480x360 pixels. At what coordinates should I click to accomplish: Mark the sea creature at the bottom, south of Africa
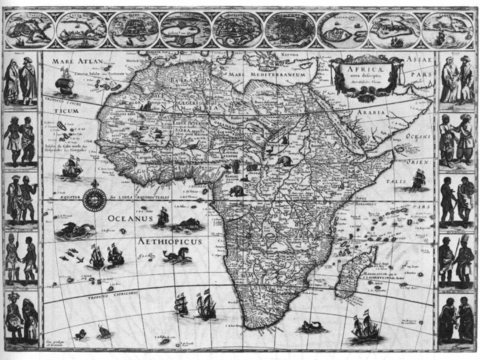click(310, 327)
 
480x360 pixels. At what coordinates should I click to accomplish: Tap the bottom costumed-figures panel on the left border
click(20, 318)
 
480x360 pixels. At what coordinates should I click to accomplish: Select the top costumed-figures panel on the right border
click(457, 79)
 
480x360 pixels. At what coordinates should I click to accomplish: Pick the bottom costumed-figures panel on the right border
click(457, 318)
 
